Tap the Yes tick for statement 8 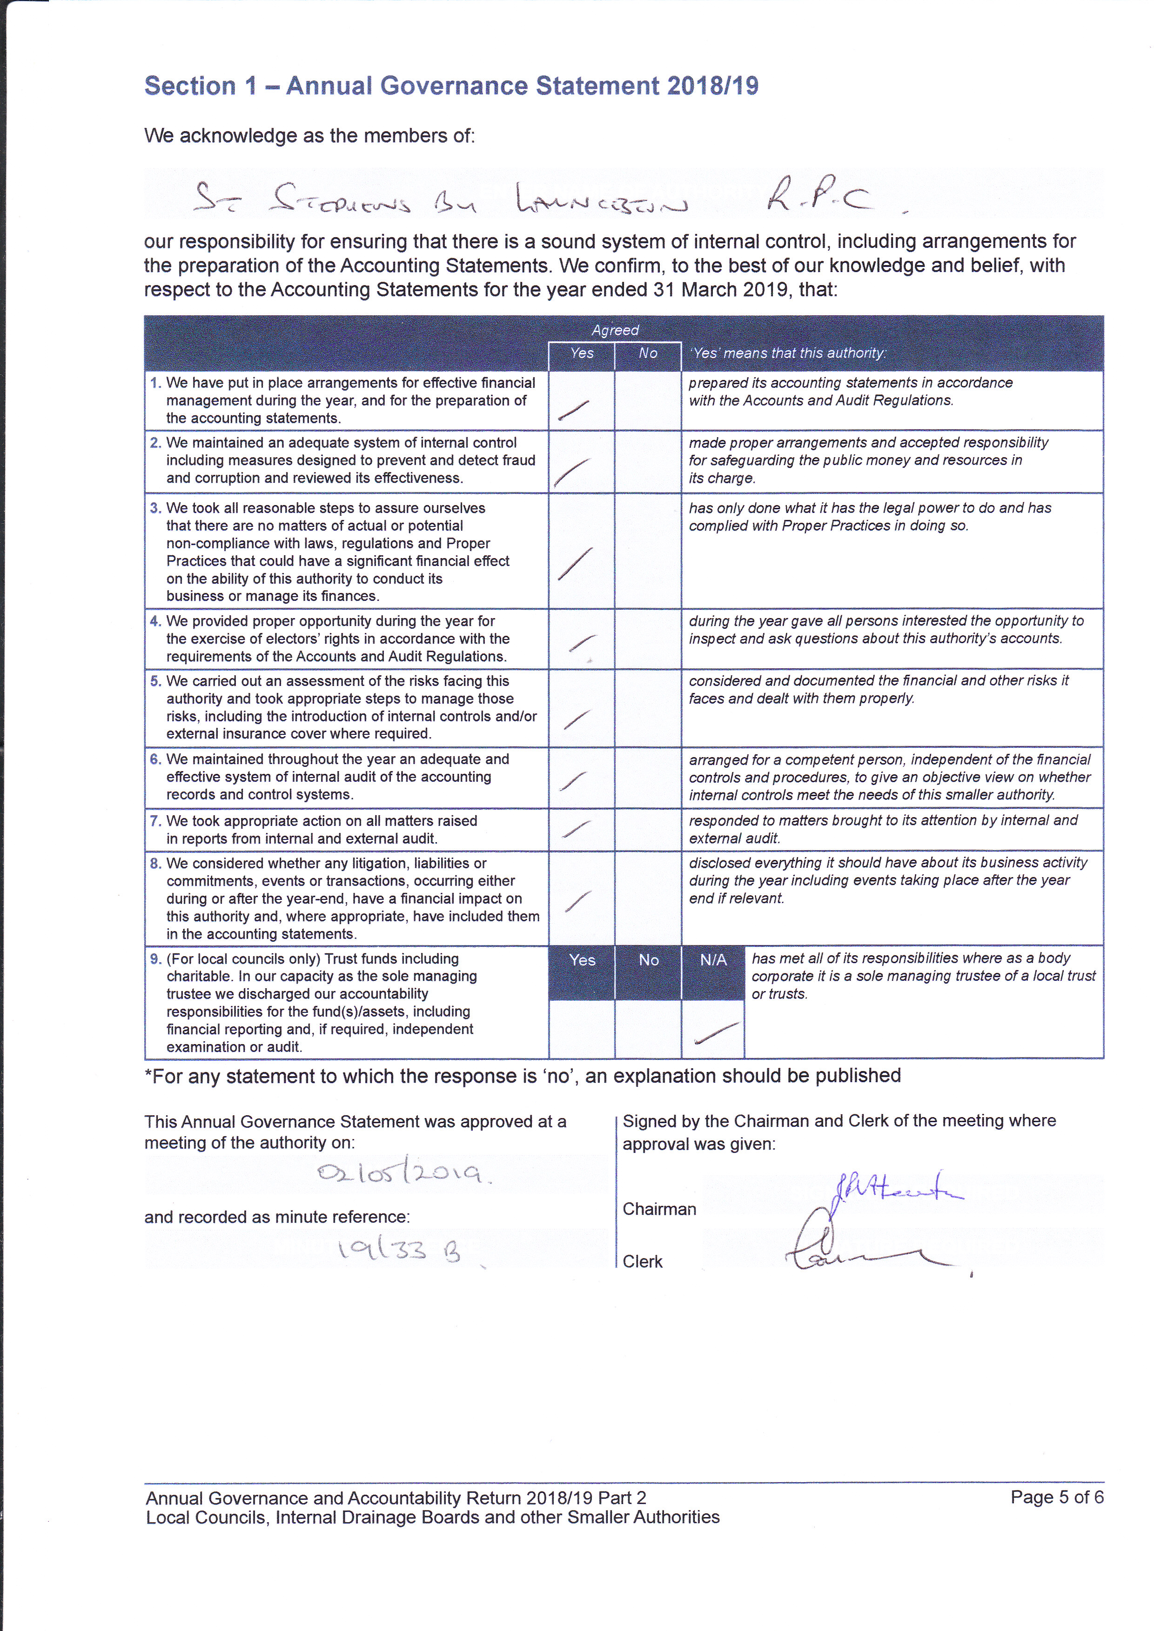point(577,901)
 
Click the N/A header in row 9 point(713,960)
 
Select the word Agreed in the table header point(615,330)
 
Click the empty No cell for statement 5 point(647,707)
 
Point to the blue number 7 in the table point(155,820)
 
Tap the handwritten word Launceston point(601,201)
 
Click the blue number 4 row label point(155,621)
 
